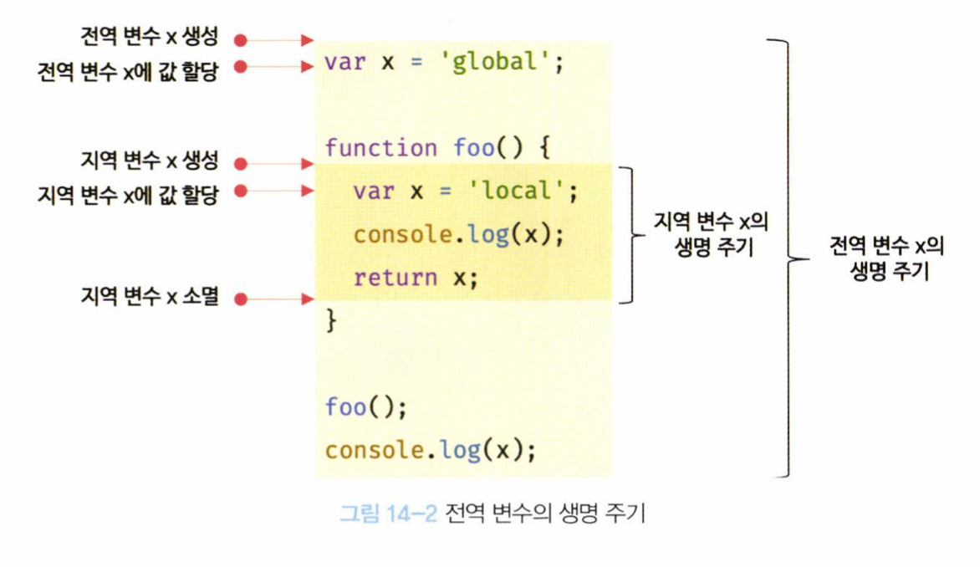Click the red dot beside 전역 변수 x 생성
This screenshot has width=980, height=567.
(240, 39)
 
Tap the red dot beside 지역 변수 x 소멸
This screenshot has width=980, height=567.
(240, 298)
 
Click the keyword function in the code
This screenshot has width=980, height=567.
(380, 149)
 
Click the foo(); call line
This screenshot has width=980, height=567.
(365, 407)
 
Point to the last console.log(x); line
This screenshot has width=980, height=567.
(430, 450)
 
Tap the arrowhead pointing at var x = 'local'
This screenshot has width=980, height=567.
(307, 192)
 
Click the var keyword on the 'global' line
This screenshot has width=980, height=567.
(345, 63)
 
